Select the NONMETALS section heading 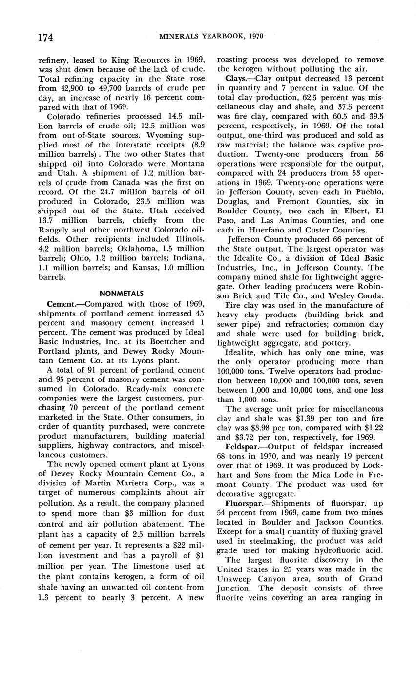(122, 294)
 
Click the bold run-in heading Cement (61, 304)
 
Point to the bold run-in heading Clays (237, 79)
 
